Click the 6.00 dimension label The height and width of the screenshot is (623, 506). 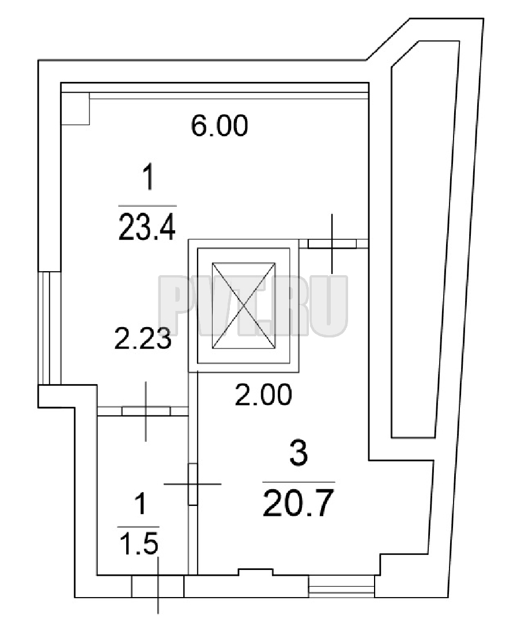(x=220, y=126)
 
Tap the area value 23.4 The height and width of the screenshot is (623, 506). (x=147, y=227)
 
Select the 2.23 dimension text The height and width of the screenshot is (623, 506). (x=143, y=339)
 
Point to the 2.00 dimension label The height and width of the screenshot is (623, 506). (x=263, y=395)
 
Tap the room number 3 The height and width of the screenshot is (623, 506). (x=299, y=455)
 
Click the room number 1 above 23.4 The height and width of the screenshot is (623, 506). (x=148, y=179)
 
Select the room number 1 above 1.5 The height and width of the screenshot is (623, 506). (x=140, y=504)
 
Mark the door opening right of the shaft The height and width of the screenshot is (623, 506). (x=332, y=243)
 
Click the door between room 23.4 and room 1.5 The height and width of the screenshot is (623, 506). (x=146, y=411)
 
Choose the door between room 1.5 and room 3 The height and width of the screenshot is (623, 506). (x=193, y=484)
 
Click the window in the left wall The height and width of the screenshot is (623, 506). (x=50, y=328)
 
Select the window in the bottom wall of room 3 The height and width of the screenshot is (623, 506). (x=342, y=586)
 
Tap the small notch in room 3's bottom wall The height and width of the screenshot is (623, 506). (x=255, y=572)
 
